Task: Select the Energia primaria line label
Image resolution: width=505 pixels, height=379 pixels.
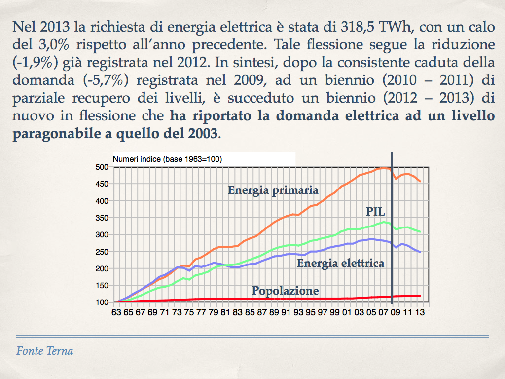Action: pos(273,190)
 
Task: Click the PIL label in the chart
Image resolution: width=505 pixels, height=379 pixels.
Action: pos(375,212)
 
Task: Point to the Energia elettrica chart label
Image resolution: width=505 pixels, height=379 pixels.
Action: pos(340,263)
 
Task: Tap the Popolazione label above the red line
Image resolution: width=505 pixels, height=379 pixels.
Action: pos(285,291)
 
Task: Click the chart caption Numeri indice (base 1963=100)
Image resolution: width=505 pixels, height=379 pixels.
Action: pos(168,159)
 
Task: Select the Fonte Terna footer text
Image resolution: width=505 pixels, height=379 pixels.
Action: pos(44,351)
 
